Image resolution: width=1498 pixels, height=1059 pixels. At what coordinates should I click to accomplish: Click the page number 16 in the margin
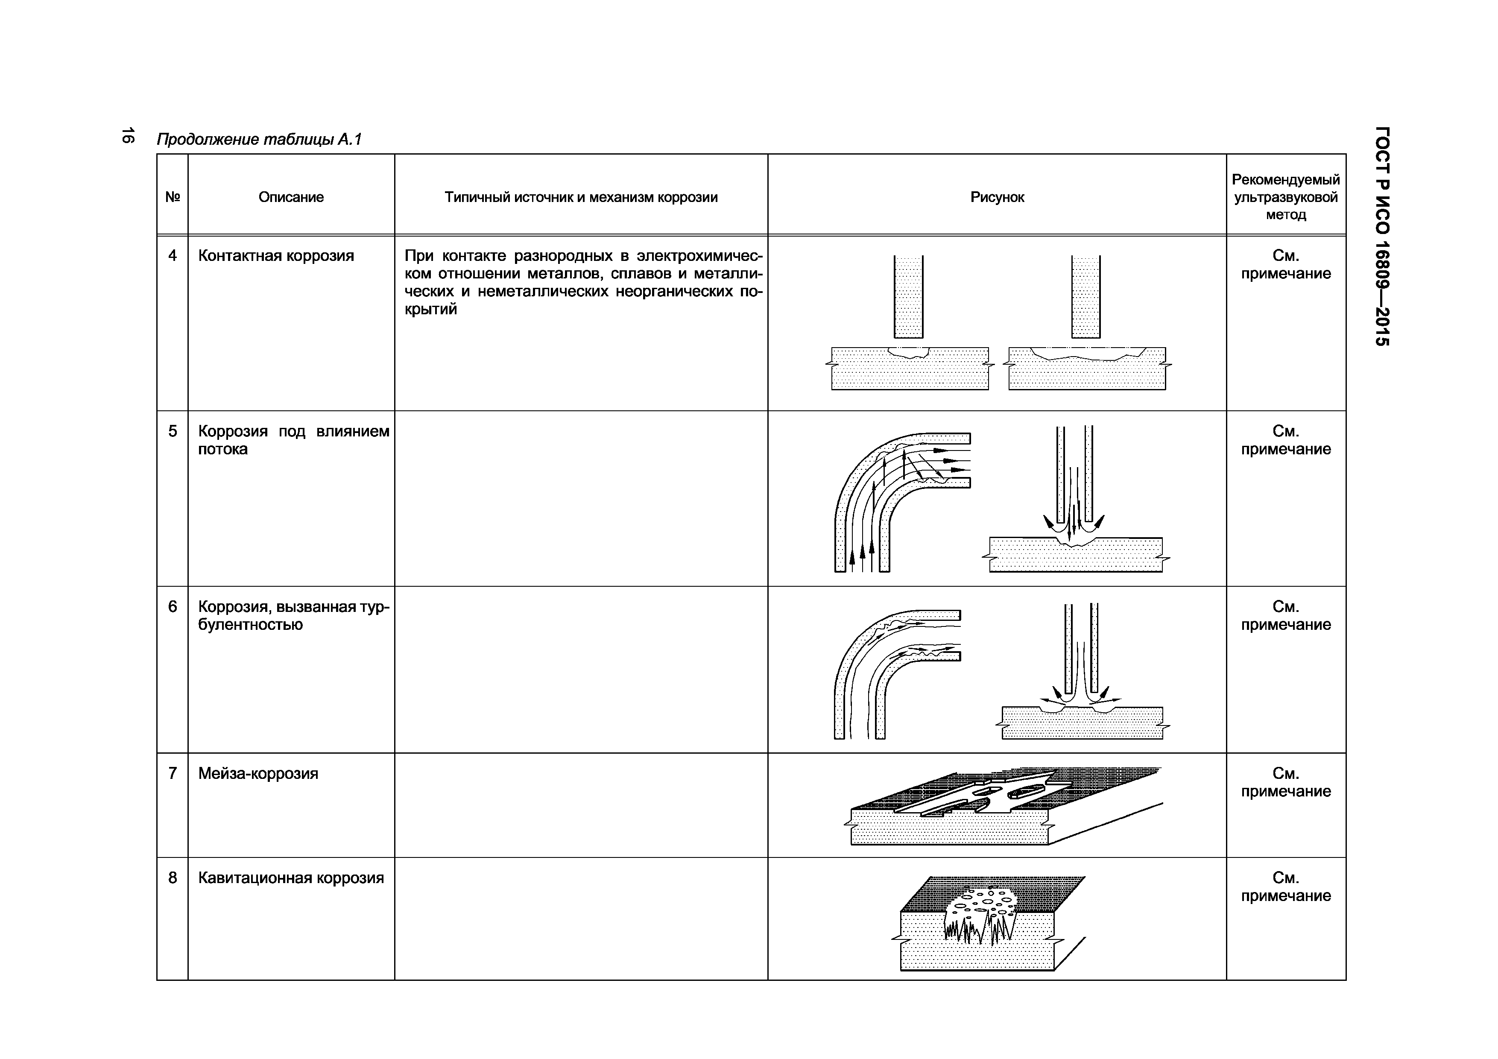click(x=127, y=136)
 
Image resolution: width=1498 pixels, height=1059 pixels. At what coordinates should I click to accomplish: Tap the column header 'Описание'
click(x=291, y=197)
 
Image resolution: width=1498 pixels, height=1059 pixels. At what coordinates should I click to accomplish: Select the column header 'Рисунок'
click(x=997, y=197)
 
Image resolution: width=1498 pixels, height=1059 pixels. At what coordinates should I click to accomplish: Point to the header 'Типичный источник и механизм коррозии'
click(x=581, y=197)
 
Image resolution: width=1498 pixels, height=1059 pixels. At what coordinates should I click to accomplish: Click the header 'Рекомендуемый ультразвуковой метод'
click(x=1285, y=197)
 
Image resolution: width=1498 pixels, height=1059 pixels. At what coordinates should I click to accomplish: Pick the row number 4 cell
click(x=172, y=256)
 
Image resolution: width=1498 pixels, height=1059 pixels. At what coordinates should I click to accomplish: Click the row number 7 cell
click(x=172, y=773)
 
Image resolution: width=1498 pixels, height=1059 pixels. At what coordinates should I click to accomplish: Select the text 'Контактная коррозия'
click(x=276, y=256)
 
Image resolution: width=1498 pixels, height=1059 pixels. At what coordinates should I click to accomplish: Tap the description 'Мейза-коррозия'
click(x=258, y=774)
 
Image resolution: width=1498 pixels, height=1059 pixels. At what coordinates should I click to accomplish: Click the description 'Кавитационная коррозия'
click(x=291, y=878)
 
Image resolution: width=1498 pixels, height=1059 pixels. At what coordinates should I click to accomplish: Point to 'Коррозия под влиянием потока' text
click(x=294, y=440)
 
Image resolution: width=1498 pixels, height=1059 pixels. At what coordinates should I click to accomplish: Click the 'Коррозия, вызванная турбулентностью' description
click(x=294, y=616)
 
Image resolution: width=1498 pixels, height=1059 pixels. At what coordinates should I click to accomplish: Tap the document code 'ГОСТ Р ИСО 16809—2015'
click(x=1382, y=245)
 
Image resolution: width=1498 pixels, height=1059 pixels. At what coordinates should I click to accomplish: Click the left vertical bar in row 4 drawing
click(x=908, y=297)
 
